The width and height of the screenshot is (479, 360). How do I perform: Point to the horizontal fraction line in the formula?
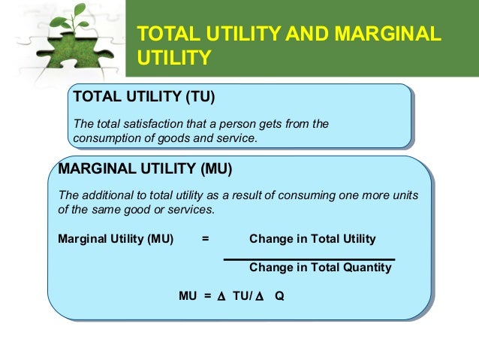[x=309, y=259]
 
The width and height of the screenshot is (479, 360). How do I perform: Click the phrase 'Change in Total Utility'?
[x=312, y=239]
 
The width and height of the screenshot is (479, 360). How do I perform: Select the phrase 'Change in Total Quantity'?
[x=320, y=267]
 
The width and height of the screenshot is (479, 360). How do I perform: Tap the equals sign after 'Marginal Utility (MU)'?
[x=205, y=239]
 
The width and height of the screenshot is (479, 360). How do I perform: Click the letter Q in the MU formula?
[x=279, y=295]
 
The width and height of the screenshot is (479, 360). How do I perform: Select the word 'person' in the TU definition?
[x=243, y=124]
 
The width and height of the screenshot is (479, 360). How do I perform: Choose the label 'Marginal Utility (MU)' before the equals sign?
[x=116, y=239]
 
